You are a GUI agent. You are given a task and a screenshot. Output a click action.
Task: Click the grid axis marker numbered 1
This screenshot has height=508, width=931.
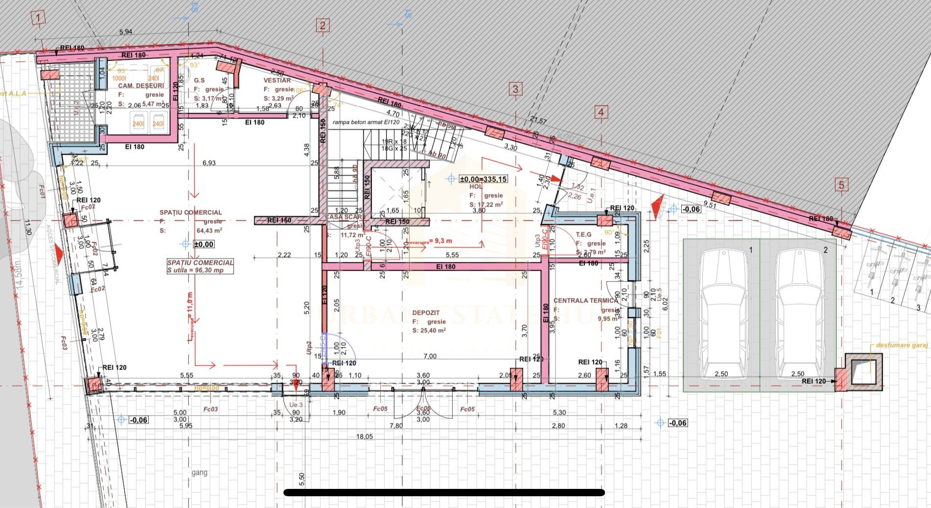point(39,19)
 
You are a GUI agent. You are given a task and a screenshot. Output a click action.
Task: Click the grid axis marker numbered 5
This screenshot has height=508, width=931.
point(841,185)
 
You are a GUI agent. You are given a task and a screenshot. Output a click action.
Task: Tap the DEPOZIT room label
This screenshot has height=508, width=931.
point(426,313)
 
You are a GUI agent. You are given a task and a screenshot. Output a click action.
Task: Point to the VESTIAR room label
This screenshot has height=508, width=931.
point(277,80)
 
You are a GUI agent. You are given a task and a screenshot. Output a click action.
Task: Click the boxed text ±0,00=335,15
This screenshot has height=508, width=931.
point(483,179)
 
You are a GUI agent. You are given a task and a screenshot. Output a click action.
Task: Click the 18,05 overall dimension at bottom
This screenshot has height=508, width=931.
point(364,437)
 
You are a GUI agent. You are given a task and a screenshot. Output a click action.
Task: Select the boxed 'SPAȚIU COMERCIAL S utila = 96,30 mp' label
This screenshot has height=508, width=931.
point(200,266)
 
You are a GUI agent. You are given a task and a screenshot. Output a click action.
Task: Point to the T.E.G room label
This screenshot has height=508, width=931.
point(583,234)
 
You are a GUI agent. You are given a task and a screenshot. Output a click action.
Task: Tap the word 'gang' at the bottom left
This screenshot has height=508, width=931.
point(199,472)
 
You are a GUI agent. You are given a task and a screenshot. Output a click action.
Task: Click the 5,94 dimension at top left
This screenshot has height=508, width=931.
point(126,32)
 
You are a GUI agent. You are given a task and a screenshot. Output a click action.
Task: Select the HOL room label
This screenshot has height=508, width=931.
point(476,186)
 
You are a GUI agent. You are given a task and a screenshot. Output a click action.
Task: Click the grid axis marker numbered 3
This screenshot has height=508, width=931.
point(515,89)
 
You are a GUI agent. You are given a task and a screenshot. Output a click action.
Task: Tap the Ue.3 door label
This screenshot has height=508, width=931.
point(296,405)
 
